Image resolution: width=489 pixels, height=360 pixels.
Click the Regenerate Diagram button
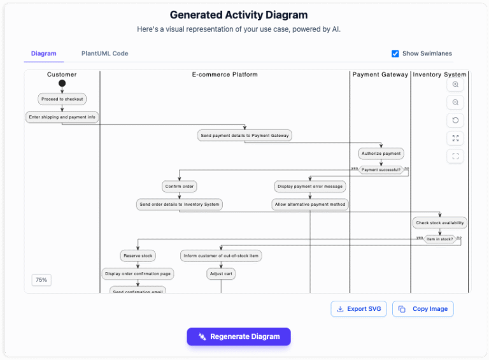pos(239,336)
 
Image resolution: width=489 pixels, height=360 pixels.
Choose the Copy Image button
pos(423,309)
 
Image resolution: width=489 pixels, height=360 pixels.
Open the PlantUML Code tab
pos(104,54)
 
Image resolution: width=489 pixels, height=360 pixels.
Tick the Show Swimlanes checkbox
pos(395,54)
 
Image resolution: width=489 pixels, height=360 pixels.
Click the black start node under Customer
pos(62,83)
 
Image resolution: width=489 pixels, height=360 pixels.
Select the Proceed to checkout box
pos(62,99)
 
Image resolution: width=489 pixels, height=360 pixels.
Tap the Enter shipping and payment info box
pos(62,117)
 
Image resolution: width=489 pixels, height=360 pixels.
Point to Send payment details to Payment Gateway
pos(244,136)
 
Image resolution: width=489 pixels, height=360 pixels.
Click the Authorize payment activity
pos(381,154)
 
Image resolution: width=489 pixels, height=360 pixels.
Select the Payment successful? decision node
pos(381,169)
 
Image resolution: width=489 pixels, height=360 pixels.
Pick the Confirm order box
pos(179,187)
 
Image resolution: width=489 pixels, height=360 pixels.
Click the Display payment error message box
pos(310,187)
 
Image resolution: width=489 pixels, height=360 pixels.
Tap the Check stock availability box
pos(439,223)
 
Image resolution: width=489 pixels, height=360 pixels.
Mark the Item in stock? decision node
pos(439,239)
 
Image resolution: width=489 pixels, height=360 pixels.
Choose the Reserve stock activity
pos(138,256)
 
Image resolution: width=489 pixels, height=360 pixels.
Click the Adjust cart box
pos(220,274)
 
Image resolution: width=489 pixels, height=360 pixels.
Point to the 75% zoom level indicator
pos(41,280)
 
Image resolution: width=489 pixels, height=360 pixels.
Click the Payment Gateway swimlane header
pos(380,75)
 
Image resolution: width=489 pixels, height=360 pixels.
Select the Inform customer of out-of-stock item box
pos(220,256)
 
